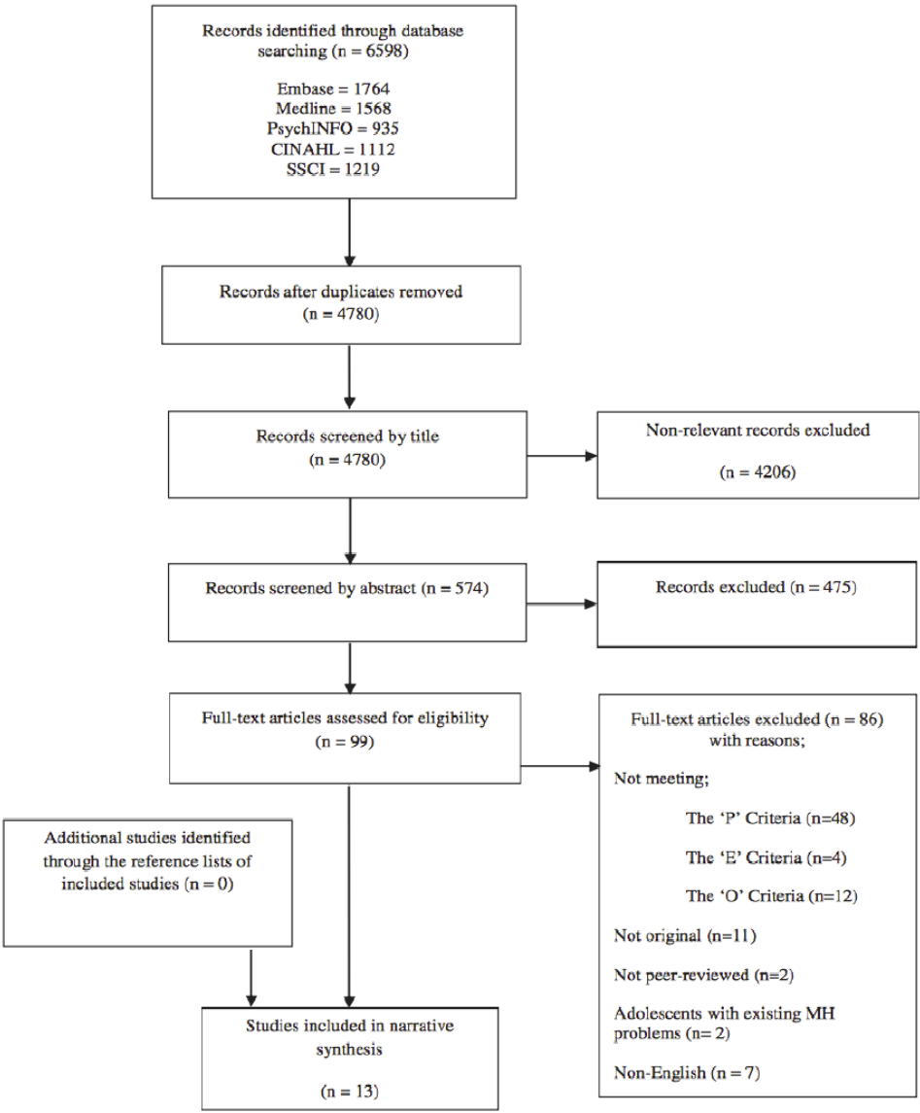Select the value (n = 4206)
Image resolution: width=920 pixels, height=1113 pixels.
click(759, 472)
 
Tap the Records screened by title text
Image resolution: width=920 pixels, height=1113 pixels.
click(347, 436)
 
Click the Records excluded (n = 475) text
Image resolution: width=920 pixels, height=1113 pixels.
click(755, 587)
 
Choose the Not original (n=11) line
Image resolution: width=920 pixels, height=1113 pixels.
click(685, 935)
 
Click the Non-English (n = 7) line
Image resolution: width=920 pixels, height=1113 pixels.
click(687, 1073)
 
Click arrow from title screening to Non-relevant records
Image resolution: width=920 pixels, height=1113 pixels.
click(561, 455)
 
